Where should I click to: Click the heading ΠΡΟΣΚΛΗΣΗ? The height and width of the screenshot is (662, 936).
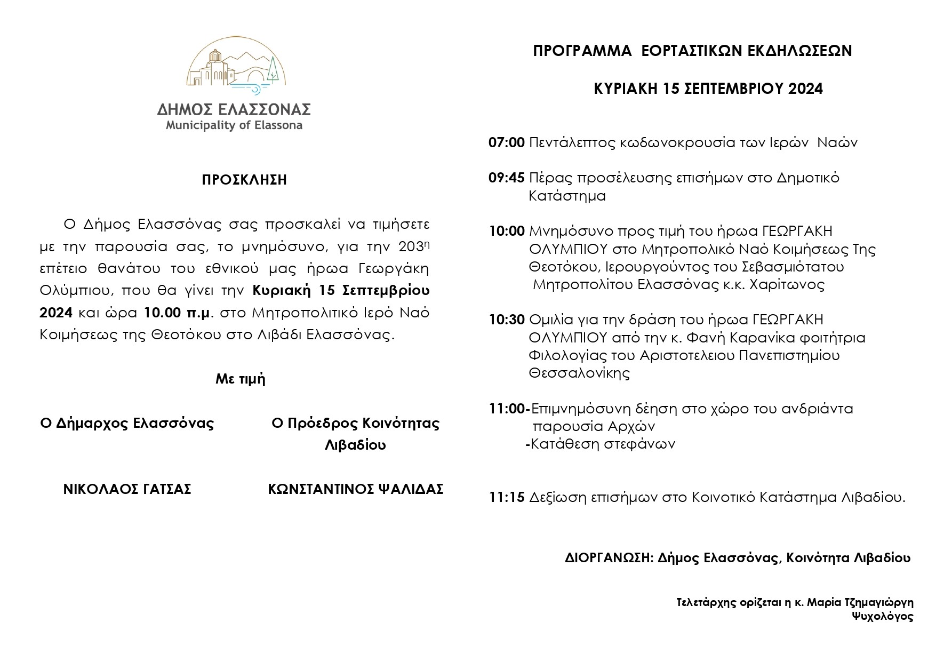(x=244, y=180)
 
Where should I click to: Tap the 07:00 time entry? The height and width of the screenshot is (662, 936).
(x=506, y=143)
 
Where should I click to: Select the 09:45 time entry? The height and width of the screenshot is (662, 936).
(x=506, y=178)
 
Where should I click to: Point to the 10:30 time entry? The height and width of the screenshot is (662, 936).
(x=506, y=320)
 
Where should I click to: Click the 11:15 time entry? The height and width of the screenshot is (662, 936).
(x=506, y=498)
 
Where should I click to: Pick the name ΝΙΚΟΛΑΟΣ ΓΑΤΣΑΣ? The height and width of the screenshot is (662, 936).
(x=127, y=489)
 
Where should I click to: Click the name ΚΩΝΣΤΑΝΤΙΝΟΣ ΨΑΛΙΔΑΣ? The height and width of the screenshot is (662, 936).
(x=355, y=489)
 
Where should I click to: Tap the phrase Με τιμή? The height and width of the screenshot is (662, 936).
(x=241, y=379)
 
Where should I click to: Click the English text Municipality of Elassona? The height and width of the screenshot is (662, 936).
(x=234, y=126)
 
